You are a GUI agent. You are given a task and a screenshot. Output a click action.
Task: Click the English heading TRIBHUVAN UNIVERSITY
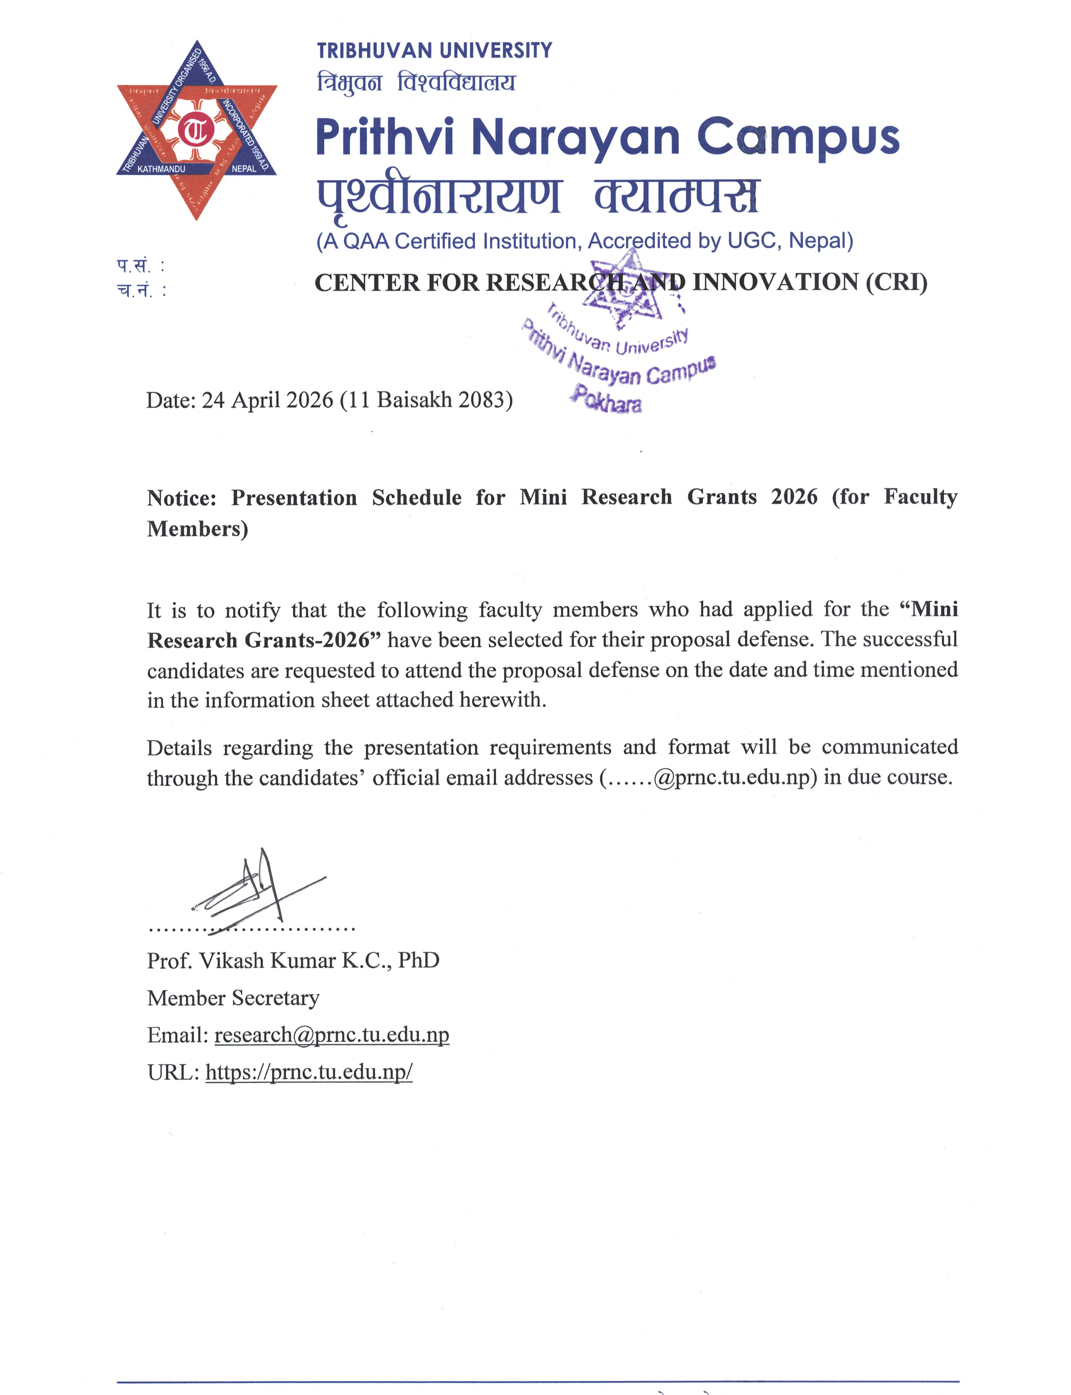434,50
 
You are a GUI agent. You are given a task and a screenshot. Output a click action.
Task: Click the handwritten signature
255,893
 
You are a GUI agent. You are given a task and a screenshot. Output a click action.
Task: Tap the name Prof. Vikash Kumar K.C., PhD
293,960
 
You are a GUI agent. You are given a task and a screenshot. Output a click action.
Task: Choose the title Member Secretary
233,998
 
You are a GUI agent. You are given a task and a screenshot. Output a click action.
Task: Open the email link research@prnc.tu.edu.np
332,1035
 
